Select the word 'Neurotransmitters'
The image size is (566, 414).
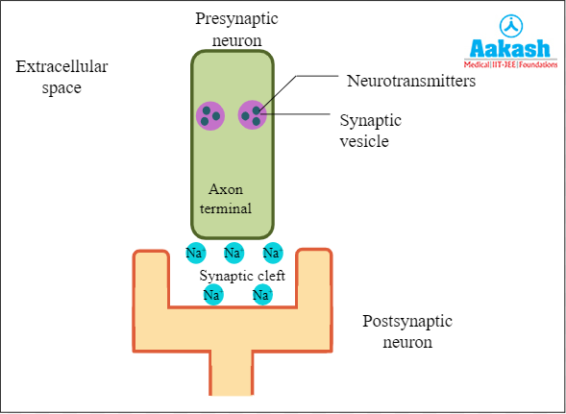click(x=410, y=82)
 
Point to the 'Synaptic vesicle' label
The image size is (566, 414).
click(x=371, y=131)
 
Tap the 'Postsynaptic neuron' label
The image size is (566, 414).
click(x=407, y=330)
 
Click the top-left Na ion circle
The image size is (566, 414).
click(x=195, y=254)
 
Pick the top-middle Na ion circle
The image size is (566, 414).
click(x=234, y=254)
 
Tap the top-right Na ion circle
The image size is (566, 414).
click(x=273, y=254)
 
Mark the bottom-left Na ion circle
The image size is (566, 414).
click(x=213, y=295)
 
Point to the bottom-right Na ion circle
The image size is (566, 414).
click(x=261, y=295)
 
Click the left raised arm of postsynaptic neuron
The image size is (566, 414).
click(x=151, y=279)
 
